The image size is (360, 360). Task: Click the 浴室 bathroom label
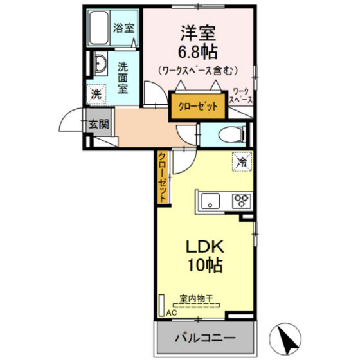[x=123, y=28]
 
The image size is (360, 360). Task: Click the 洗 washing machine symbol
[x=96, y=93]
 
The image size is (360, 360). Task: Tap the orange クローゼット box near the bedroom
[x=198, y=105]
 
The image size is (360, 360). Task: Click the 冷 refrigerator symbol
[x=241, y=163]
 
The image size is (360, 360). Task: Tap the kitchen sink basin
[x=210, y=202]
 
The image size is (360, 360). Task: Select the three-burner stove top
[x=242, y=201]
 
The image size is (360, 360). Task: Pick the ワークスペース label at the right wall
[x=242, y=96]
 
